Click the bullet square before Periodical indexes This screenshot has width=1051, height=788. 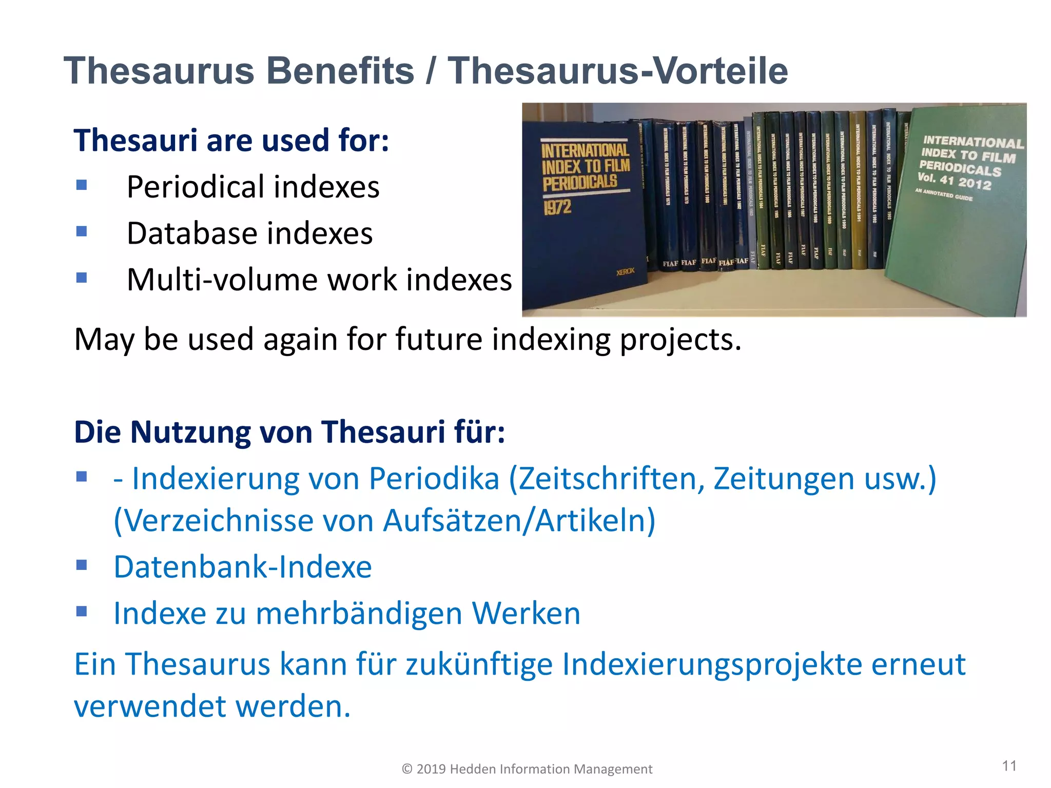82,185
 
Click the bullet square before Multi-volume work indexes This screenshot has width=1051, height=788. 82,278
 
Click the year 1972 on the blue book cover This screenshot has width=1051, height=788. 557,207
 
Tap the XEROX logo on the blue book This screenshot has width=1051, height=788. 626,271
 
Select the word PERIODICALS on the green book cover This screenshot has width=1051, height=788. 960,168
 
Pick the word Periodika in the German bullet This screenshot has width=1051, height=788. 434,479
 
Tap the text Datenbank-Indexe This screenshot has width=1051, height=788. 243,567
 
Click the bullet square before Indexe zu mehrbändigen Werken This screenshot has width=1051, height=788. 82,611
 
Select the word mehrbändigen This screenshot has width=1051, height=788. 359,614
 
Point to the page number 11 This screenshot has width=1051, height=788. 1009,766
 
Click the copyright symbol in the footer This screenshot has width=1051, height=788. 407,769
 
